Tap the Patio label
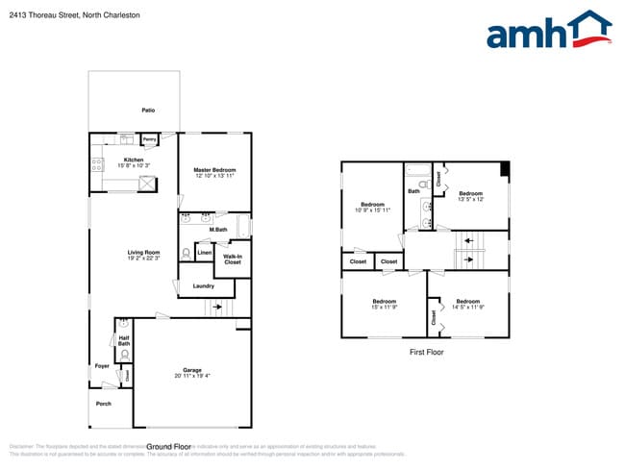[148, 111]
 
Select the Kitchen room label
[134, 160]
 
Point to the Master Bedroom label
[214, 170]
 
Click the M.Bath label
[218, 230]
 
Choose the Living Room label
[143, 253]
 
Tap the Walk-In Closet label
[233, 259]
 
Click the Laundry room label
[203, 286]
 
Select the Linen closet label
[204, 253]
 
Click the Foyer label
[102, 366]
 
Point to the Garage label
[192, 370]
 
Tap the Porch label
[103, 403]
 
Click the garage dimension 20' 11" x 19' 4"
[192, 376]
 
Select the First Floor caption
[426, 353]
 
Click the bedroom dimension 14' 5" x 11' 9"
[468, 308]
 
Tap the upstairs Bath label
[413, 191]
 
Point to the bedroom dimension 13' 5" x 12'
[470, 200]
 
